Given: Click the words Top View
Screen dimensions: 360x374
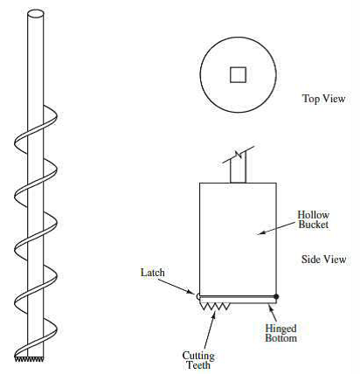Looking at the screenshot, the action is [323, 99].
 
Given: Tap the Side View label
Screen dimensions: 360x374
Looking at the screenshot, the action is [323, 260].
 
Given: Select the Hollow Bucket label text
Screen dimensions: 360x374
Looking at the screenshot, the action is [314, 219].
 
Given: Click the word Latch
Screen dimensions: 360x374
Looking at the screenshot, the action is [152, 273].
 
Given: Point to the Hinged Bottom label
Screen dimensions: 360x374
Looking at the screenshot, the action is [280, 333].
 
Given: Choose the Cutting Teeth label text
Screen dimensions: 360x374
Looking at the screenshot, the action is [198, 360].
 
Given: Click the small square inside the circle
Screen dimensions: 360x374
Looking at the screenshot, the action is [238, 75].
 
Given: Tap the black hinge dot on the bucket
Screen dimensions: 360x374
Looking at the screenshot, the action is [276, 297].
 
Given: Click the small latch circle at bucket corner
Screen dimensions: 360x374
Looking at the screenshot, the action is [198, 296].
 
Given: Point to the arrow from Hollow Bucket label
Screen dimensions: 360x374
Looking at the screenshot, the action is [278, 228].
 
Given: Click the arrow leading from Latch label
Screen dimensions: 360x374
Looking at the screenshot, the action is [177, 286].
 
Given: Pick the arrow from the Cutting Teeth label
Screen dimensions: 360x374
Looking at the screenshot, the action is [210, 331].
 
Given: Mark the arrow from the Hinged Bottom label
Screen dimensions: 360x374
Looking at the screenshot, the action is [272, 313].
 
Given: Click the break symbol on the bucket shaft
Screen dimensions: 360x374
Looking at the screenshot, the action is [239, 155].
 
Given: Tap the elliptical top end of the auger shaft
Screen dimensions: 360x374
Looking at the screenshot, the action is [36, 14].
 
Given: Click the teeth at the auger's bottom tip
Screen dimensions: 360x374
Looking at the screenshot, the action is [29, 359].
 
